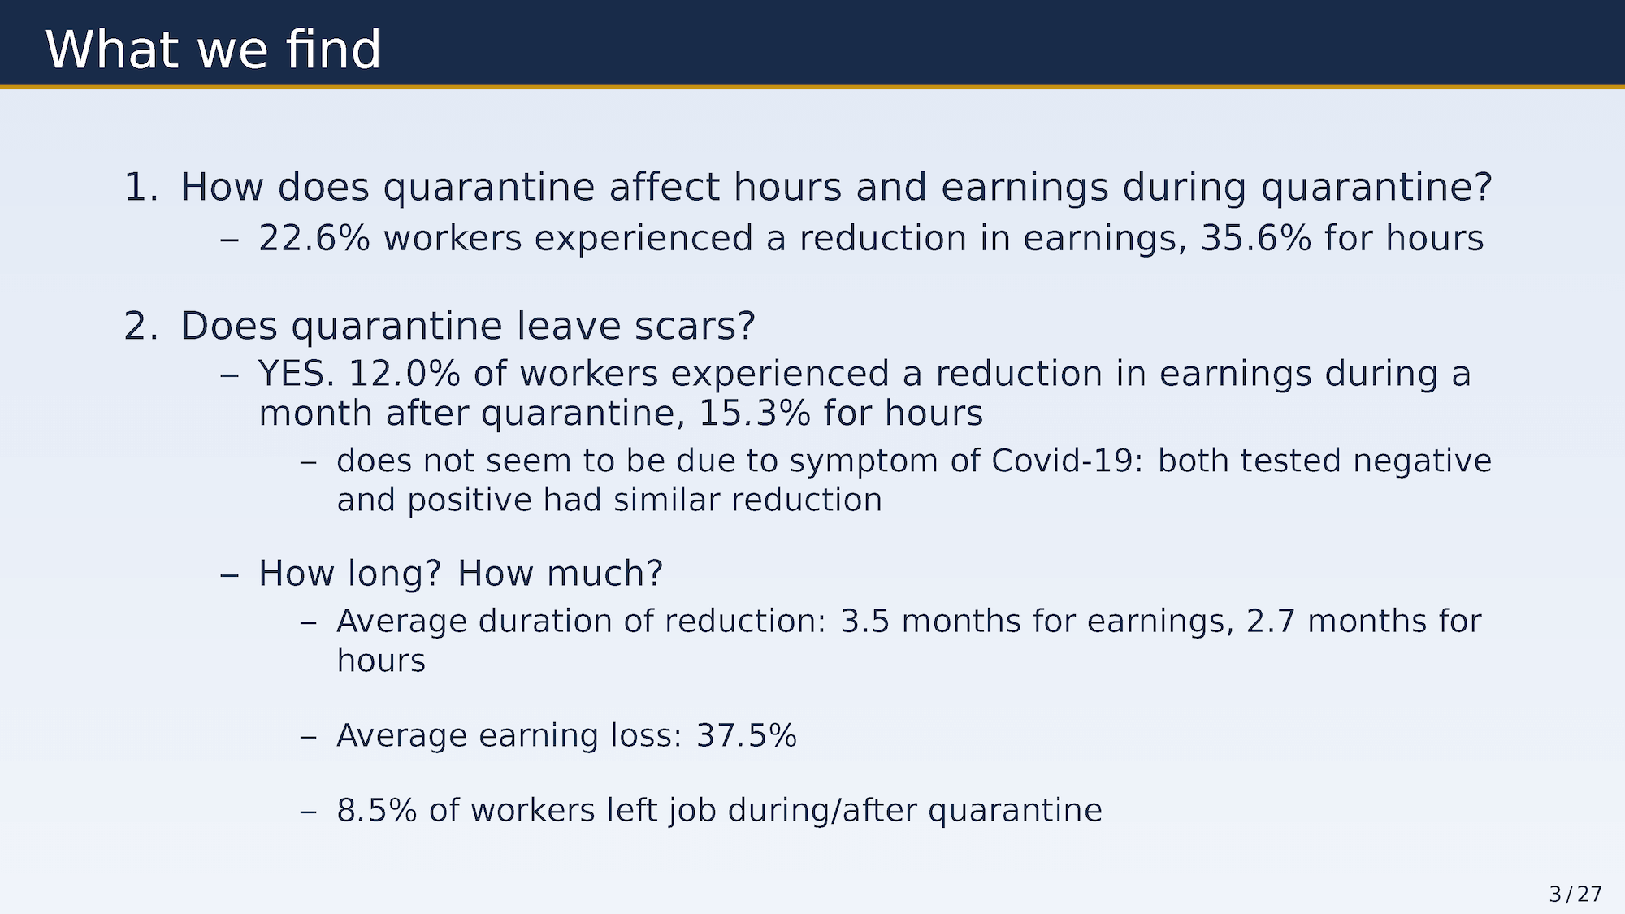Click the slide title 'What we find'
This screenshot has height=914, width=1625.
pyautogui.click(x=213, y=50)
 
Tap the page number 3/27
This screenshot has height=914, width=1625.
pyautogui.click(x=1575, y=895)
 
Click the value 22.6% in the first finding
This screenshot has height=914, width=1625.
pyautogui.click(x=314, y=238)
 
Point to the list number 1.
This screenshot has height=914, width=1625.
pyautogui.click(x=141, y=187)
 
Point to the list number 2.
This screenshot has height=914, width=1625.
pyautogui.click(x=141, y=326)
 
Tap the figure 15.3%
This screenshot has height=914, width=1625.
pyautogui.click(x=755, y=413)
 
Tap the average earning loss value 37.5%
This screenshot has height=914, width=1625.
pyautogui.click(x=747, y=735)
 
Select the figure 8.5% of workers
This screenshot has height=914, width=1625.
pyautogui.click(x=377, y=810)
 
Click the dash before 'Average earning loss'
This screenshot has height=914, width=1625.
pyautogui.click(x=308, y=737)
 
